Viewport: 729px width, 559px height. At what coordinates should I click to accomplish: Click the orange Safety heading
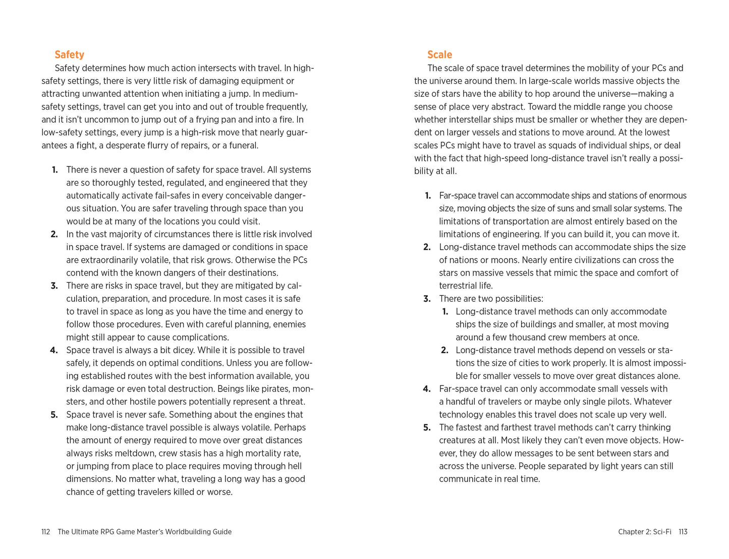[x=69, y=54]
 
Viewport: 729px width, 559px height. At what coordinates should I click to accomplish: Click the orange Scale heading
[x=439, y=54]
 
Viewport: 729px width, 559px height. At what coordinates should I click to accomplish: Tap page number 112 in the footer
[x=45, y=532]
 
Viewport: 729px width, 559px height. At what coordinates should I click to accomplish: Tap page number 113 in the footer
[x=683, y=532]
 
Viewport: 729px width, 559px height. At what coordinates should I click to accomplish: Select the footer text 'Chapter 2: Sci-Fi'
[x=644, y=532]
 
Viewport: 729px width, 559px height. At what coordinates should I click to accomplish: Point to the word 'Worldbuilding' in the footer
[x=188, y=532]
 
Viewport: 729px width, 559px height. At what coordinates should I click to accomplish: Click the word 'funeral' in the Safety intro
[x=244, y=145]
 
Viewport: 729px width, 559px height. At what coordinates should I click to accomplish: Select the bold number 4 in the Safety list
[x=54, y=350]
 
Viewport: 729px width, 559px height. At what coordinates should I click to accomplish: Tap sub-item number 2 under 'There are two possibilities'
[x=444, y=350]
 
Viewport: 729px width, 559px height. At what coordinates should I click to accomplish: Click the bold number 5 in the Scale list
[x=427, y=427]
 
